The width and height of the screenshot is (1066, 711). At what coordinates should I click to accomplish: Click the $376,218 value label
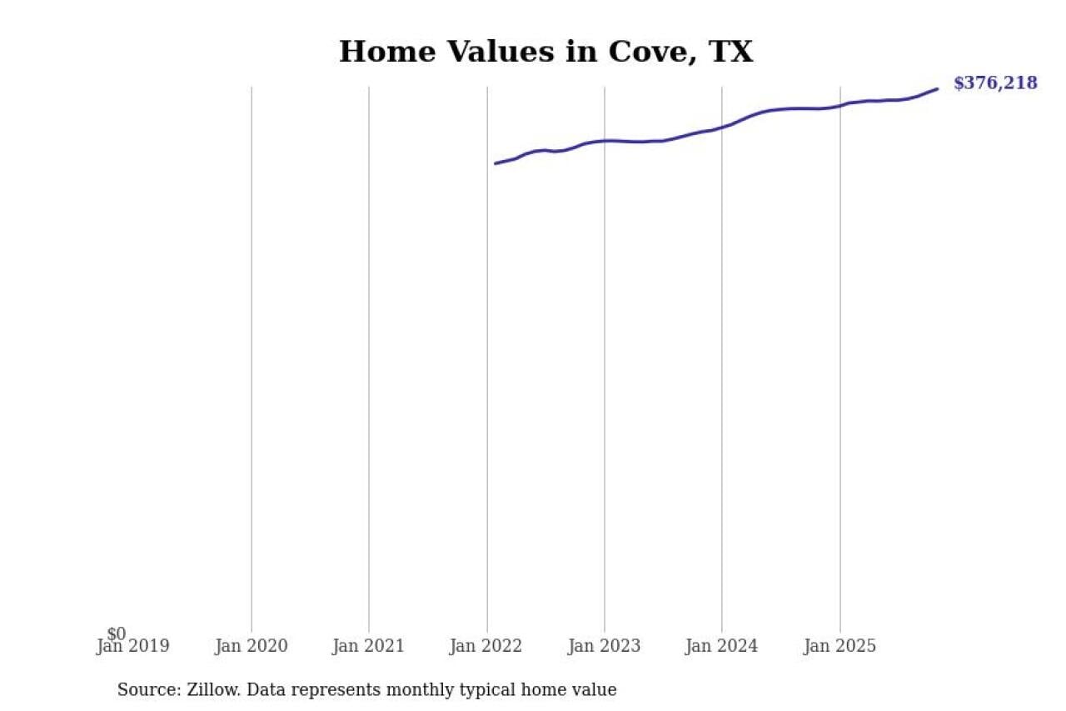coord(995,83)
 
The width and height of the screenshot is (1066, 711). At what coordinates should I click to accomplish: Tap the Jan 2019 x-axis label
coord(132,647)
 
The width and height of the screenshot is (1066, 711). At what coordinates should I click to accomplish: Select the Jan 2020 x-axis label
coord(251,647)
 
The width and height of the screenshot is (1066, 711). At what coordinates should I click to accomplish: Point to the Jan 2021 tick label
coord(368,647)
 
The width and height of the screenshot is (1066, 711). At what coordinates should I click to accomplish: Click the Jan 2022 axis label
coord(486,647)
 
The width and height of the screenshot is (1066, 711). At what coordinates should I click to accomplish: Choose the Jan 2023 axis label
coord(605,647)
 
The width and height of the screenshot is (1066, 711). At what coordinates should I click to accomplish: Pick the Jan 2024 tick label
coord(721,647)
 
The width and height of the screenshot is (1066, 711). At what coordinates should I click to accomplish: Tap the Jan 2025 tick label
coord(839,647)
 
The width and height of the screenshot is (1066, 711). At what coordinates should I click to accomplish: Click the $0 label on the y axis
coord(117,634)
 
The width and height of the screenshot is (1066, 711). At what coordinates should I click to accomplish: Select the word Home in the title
coord(387,52)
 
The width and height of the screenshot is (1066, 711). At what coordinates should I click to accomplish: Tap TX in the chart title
coord(730,52)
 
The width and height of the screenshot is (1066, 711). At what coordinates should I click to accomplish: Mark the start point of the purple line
coord(495,163)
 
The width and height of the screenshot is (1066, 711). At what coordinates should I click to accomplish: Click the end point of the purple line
coord(938,88)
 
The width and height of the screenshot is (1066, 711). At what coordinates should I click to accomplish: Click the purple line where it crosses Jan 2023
coord(605,141)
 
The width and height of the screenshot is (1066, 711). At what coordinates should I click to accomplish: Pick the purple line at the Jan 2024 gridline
coord(722,128)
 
